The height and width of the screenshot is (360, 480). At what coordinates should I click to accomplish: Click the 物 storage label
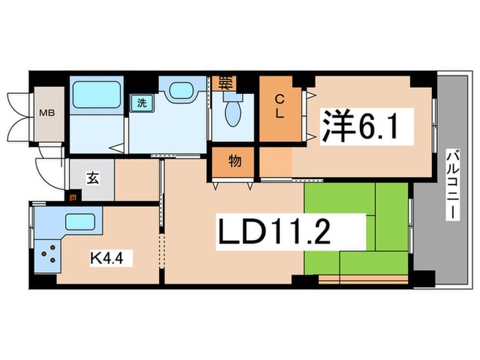pos(234,163)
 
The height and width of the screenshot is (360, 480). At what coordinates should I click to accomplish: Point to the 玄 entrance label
pos(91,178)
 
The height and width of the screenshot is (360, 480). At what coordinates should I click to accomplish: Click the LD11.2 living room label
pos(276,234)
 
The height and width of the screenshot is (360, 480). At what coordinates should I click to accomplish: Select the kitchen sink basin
pos(80,222)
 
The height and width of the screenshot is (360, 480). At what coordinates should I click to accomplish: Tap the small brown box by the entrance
pos(73,199)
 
